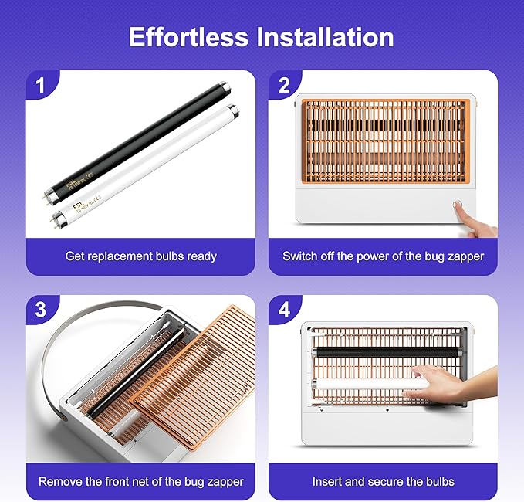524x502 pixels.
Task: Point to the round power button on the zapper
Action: pos(458,208)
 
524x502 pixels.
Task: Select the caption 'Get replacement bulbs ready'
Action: pos(140,256)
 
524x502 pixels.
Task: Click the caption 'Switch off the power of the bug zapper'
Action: pos(383,256)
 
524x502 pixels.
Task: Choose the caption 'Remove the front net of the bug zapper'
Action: pos(140,481)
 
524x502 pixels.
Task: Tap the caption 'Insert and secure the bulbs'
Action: pos(383,481)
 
